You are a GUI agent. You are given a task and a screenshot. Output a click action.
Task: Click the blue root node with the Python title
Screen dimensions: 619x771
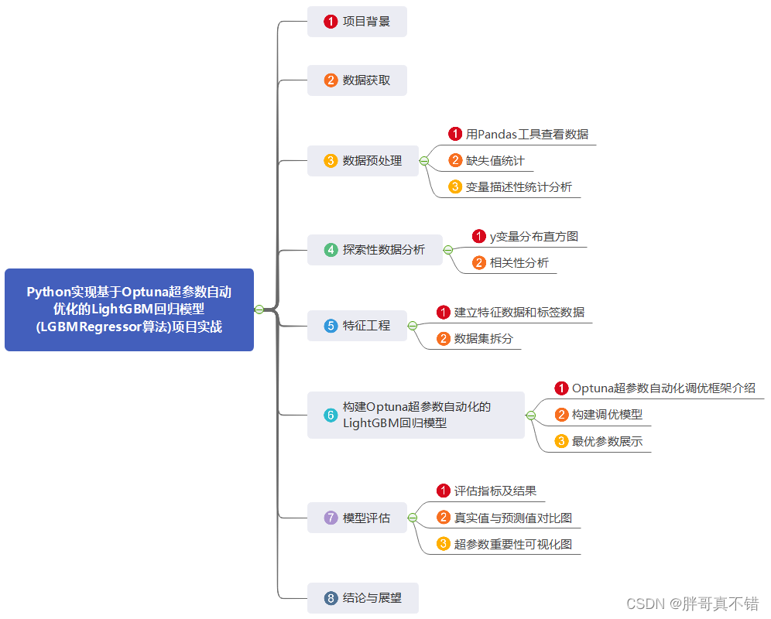coord(129,309)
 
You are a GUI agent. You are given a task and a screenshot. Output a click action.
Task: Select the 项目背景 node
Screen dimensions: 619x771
coord(357,22)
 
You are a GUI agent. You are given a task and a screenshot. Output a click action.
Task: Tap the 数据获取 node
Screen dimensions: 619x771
coord(357,80)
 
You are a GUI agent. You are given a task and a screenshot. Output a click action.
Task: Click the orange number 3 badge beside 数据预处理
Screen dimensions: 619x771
coord(331,161)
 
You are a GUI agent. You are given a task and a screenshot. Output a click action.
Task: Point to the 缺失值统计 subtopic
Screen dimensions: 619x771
coord(495,160)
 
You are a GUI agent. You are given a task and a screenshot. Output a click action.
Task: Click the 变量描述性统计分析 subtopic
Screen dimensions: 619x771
coord(518,186)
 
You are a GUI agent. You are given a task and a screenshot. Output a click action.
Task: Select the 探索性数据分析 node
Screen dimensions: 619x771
coord(375,250)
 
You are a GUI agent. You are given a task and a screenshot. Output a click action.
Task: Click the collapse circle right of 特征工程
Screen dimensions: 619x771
coord(413,326)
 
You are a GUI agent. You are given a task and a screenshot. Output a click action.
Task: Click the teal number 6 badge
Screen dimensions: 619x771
coord(331,416)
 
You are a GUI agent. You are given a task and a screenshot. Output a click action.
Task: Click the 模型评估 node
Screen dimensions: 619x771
coord(357,518)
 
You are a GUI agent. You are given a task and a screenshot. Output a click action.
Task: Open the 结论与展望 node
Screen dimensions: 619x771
coord(363,598)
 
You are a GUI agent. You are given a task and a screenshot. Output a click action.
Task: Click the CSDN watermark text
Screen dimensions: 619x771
coord(693,604)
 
